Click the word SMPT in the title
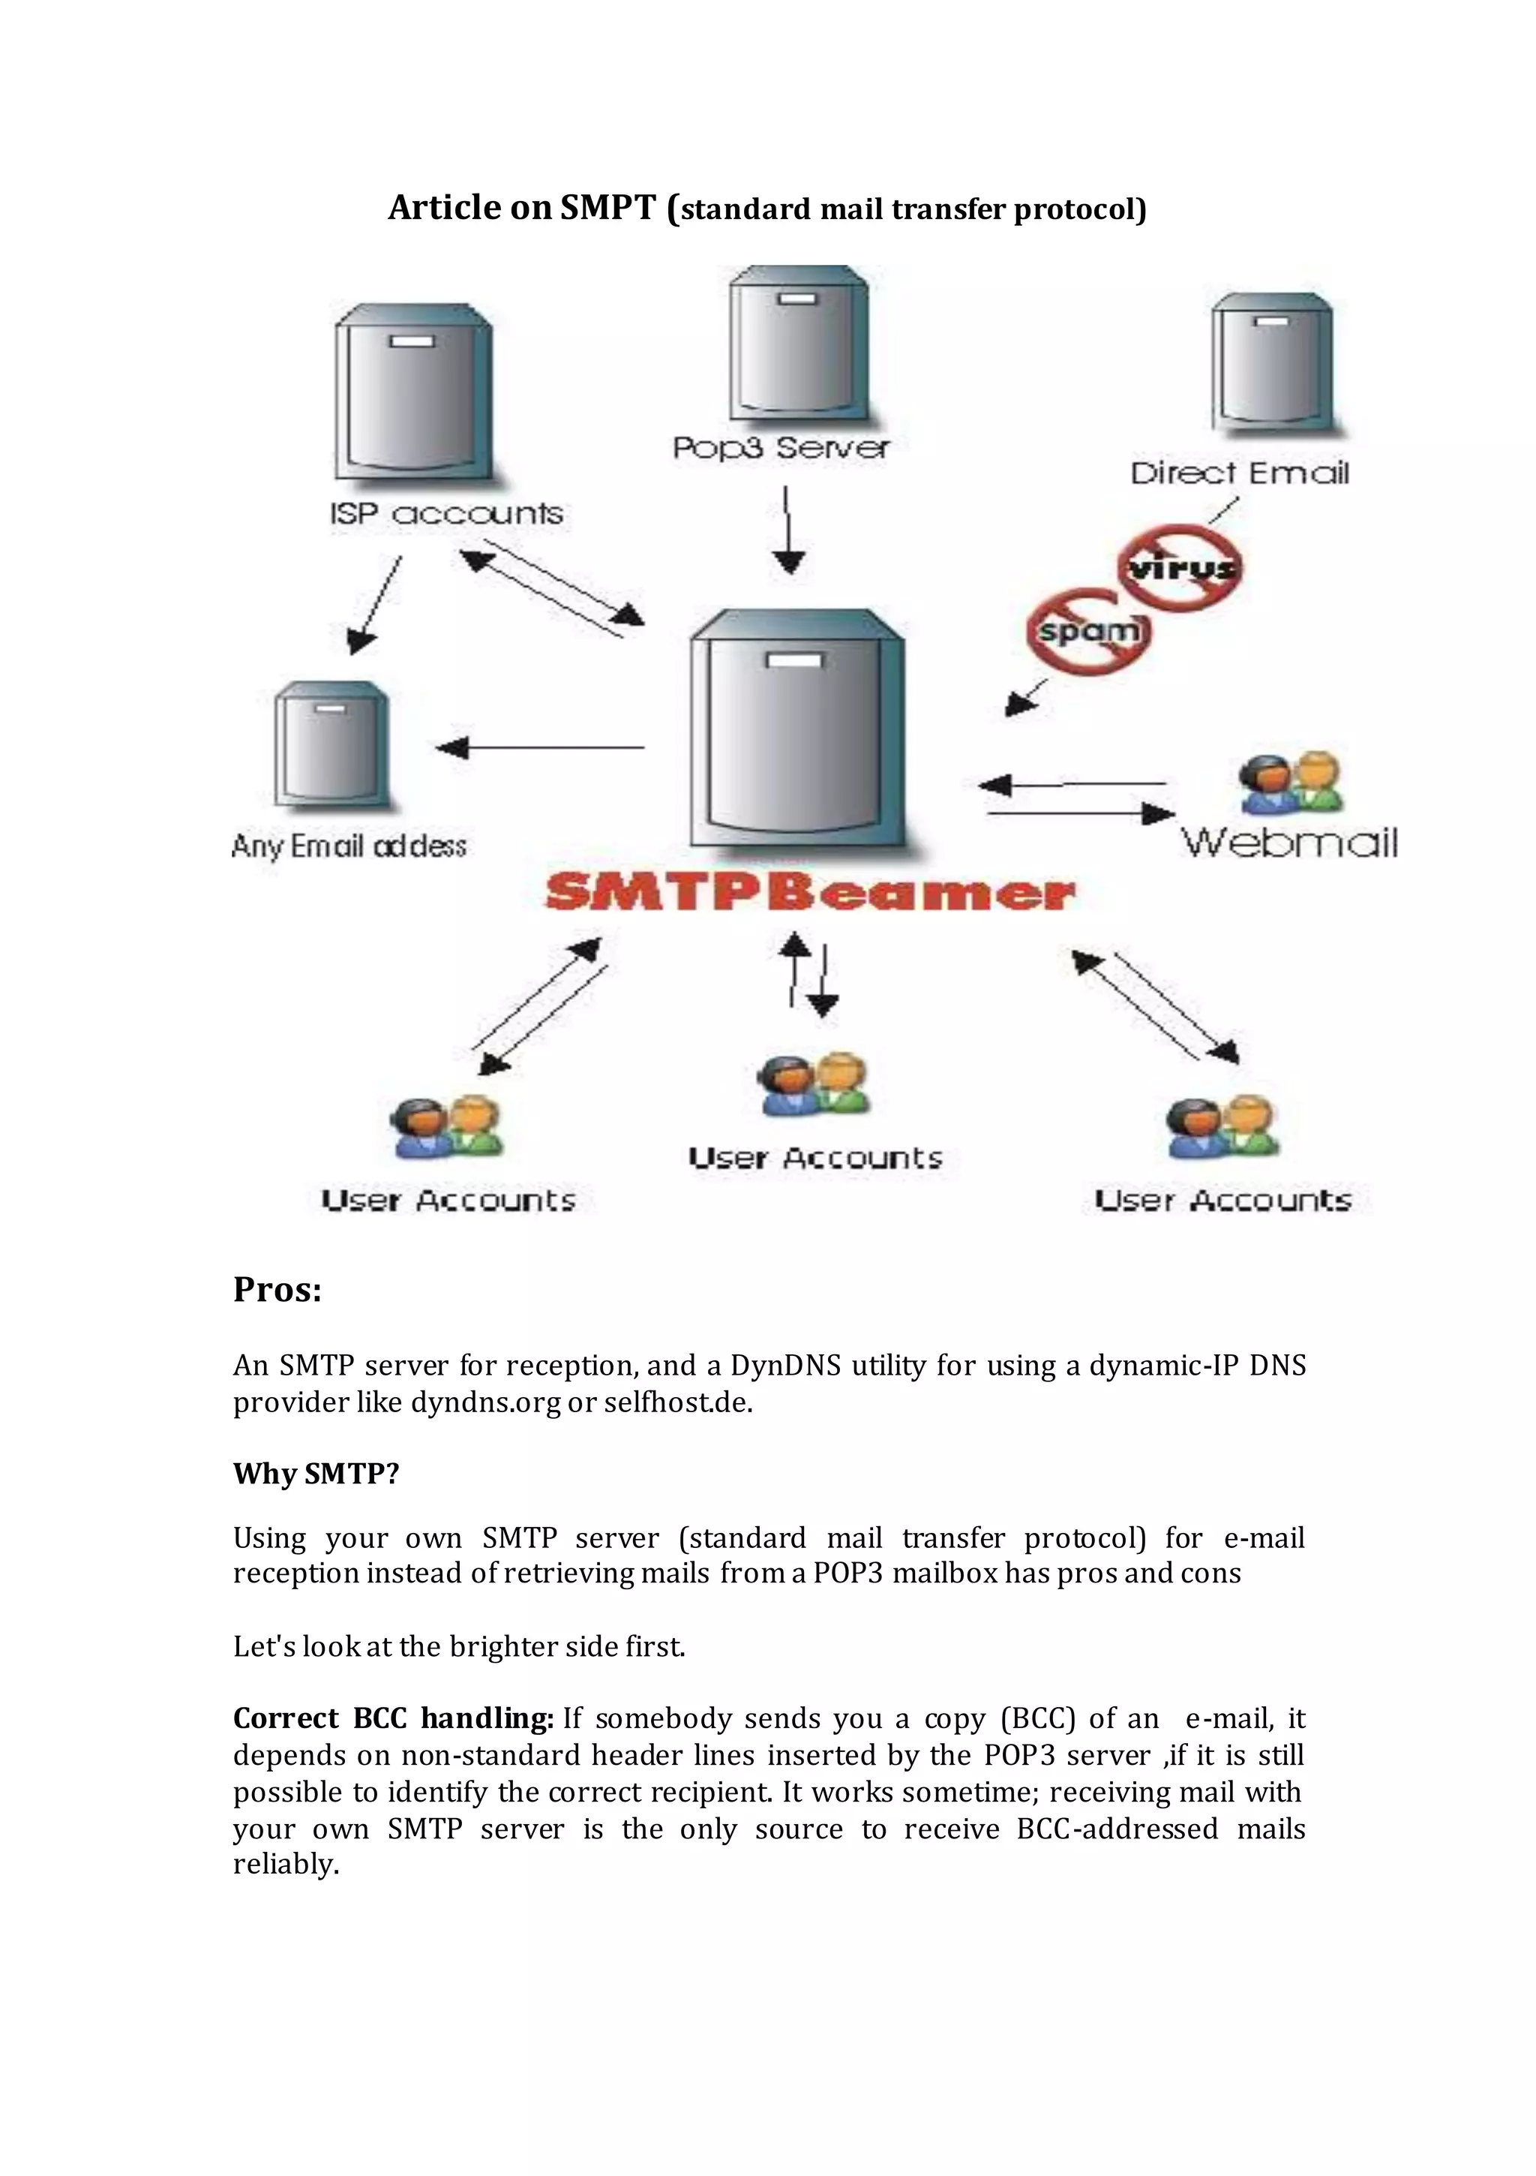(607, 208)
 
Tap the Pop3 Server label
(781, 447)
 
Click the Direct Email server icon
(1273, 364)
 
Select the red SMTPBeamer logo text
(810, 893)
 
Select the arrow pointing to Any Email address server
(540, 748)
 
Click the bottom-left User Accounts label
(448, 1200)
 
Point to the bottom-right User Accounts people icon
(1222, 1128)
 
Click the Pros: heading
(277, 1290)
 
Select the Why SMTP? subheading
(316, 1474)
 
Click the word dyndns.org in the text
(485, 1402)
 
